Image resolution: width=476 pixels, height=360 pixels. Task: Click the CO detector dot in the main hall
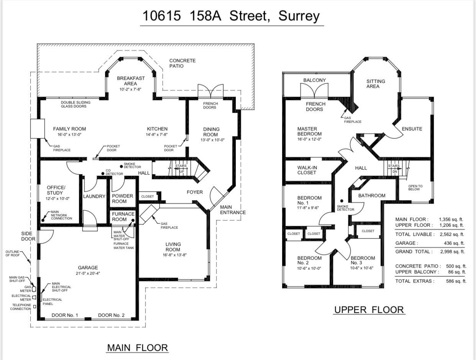click(103, 174)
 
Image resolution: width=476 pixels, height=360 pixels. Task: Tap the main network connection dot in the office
click(43, 220)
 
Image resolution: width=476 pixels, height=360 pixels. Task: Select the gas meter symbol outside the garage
click(34, 289)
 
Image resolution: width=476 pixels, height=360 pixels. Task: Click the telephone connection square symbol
click(34, 307)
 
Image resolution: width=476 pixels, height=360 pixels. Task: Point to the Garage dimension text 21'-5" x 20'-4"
click(88, 273)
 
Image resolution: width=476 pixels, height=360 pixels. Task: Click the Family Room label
click(69, 129)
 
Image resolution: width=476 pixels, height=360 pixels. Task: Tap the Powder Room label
click(122, 199)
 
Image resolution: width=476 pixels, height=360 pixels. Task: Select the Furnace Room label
click(123, 217)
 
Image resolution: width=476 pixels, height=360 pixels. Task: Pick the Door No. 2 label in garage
click(111, 315)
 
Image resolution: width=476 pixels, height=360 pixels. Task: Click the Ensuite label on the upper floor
click(412, 129)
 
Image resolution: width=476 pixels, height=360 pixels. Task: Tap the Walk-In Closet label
click(307, 170)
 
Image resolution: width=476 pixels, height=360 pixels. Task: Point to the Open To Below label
click(415, 187)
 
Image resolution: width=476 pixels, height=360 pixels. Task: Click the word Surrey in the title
click(299, 16)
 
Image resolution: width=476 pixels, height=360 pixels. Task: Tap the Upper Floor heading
click(369, 309)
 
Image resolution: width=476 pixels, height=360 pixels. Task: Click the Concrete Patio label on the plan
click(182, 63)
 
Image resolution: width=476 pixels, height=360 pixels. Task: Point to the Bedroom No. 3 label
click(363, 260)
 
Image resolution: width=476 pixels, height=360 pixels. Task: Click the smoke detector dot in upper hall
click(342, 201)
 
